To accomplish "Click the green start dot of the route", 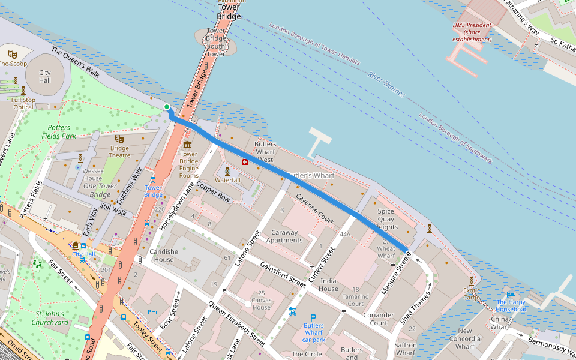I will point(167,107).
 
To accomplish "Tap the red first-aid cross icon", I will point(245,161).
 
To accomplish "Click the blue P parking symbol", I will point(313,318).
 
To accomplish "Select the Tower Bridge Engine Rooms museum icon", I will point(188,146).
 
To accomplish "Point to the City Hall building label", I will point(45,76).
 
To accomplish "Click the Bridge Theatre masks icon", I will point(119,139).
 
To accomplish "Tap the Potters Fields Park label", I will point(59,131).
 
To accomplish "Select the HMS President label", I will point(472,32).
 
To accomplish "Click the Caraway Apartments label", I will point(284,236).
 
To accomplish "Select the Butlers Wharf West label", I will point(265,152).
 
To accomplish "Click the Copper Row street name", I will point(214,192).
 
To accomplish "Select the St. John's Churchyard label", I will point(52,318).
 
